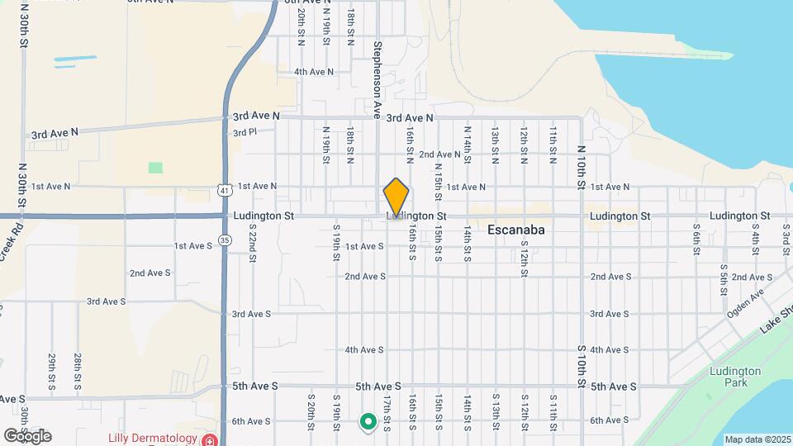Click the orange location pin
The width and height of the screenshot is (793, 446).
(x=396, y=198)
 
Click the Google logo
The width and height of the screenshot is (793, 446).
(x=27, y=436)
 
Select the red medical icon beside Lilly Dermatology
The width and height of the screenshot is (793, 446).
(x=209, y=439)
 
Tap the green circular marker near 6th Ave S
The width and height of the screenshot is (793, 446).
(x=368, y=423)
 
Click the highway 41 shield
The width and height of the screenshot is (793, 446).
(x=225, y=191)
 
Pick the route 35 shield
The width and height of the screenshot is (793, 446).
(x=225, y=240)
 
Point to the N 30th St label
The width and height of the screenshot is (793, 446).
(x=21, y=189)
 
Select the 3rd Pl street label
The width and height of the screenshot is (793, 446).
(x=245, y=132)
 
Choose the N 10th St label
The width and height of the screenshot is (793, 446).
(x=581, y=169)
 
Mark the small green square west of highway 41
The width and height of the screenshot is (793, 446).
(x=155, y=168)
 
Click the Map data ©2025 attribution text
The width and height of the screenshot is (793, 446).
(x=757, y=439)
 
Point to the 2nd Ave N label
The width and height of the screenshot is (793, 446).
(x=439, y=154)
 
